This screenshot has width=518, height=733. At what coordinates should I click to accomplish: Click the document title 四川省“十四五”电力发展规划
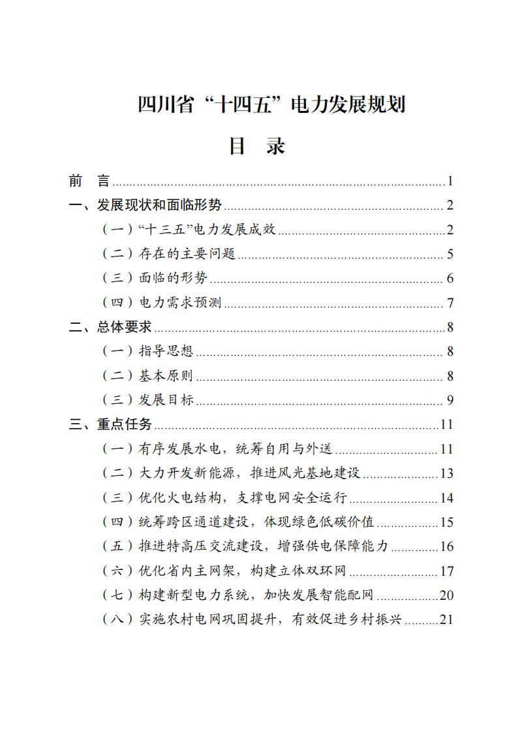point(271,104)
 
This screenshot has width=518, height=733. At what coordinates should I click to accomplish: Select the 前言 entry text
point(90,181)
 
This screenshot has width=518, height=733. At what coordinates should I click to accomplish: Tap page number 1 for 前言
point(450,181)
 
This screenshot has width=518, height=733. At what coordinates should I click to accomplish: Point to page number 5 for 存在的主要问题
point(450,255)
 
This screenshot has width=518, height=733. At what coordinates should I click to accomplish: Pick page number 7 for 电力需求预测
point(450,303)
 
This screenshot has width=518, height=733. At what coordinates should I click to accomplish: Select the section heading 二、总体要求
point(110,327)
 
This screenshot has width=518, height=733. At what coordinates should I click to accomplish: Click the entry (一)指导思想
point(149,351)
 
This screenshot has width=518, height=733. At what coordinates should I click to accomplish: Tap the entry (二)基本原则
point(149,376)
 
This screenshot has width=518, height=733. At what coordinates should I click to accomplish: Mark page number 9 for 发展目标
point(450,400)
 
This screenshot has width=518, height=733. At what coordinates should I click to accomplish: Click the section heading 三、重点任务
point(110,424)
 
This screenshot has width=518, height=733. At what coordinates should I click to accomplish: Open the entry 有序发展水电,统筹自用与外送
point(218,449)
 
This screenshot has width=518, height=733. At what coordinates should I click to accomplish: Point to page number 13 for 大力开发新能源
point(446,473)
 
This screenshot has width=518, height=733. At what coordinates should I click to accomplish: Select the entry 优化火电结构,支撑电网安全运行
point(225,498)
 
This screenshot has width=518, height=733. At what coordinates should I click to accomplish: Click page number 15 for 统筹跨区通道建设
point(446,522)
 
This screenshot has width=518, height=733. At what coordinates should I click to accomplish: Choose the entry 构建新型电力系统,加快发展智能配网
point(239,595)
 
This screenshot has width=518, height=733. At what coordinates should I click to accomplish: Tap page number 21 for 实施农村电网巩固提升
point(446,619)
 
